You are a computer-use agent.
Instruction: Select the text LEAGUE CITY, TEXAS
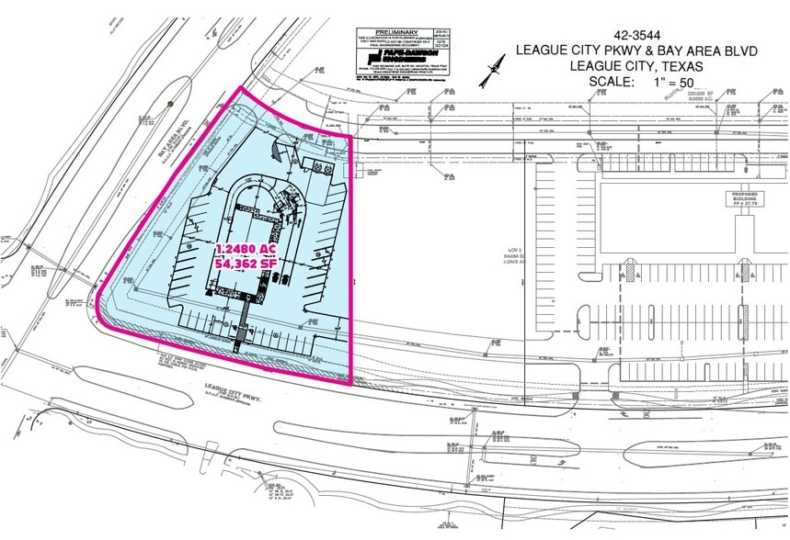pyautogui.click(x=636, y=66)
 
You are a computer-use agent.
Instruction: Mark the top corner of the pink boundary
pyautogui.click(x=242, y=89)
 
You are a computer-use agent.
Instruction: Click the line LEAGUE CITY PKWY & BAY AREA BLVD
pyautogui.click(x=636, y=51)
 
